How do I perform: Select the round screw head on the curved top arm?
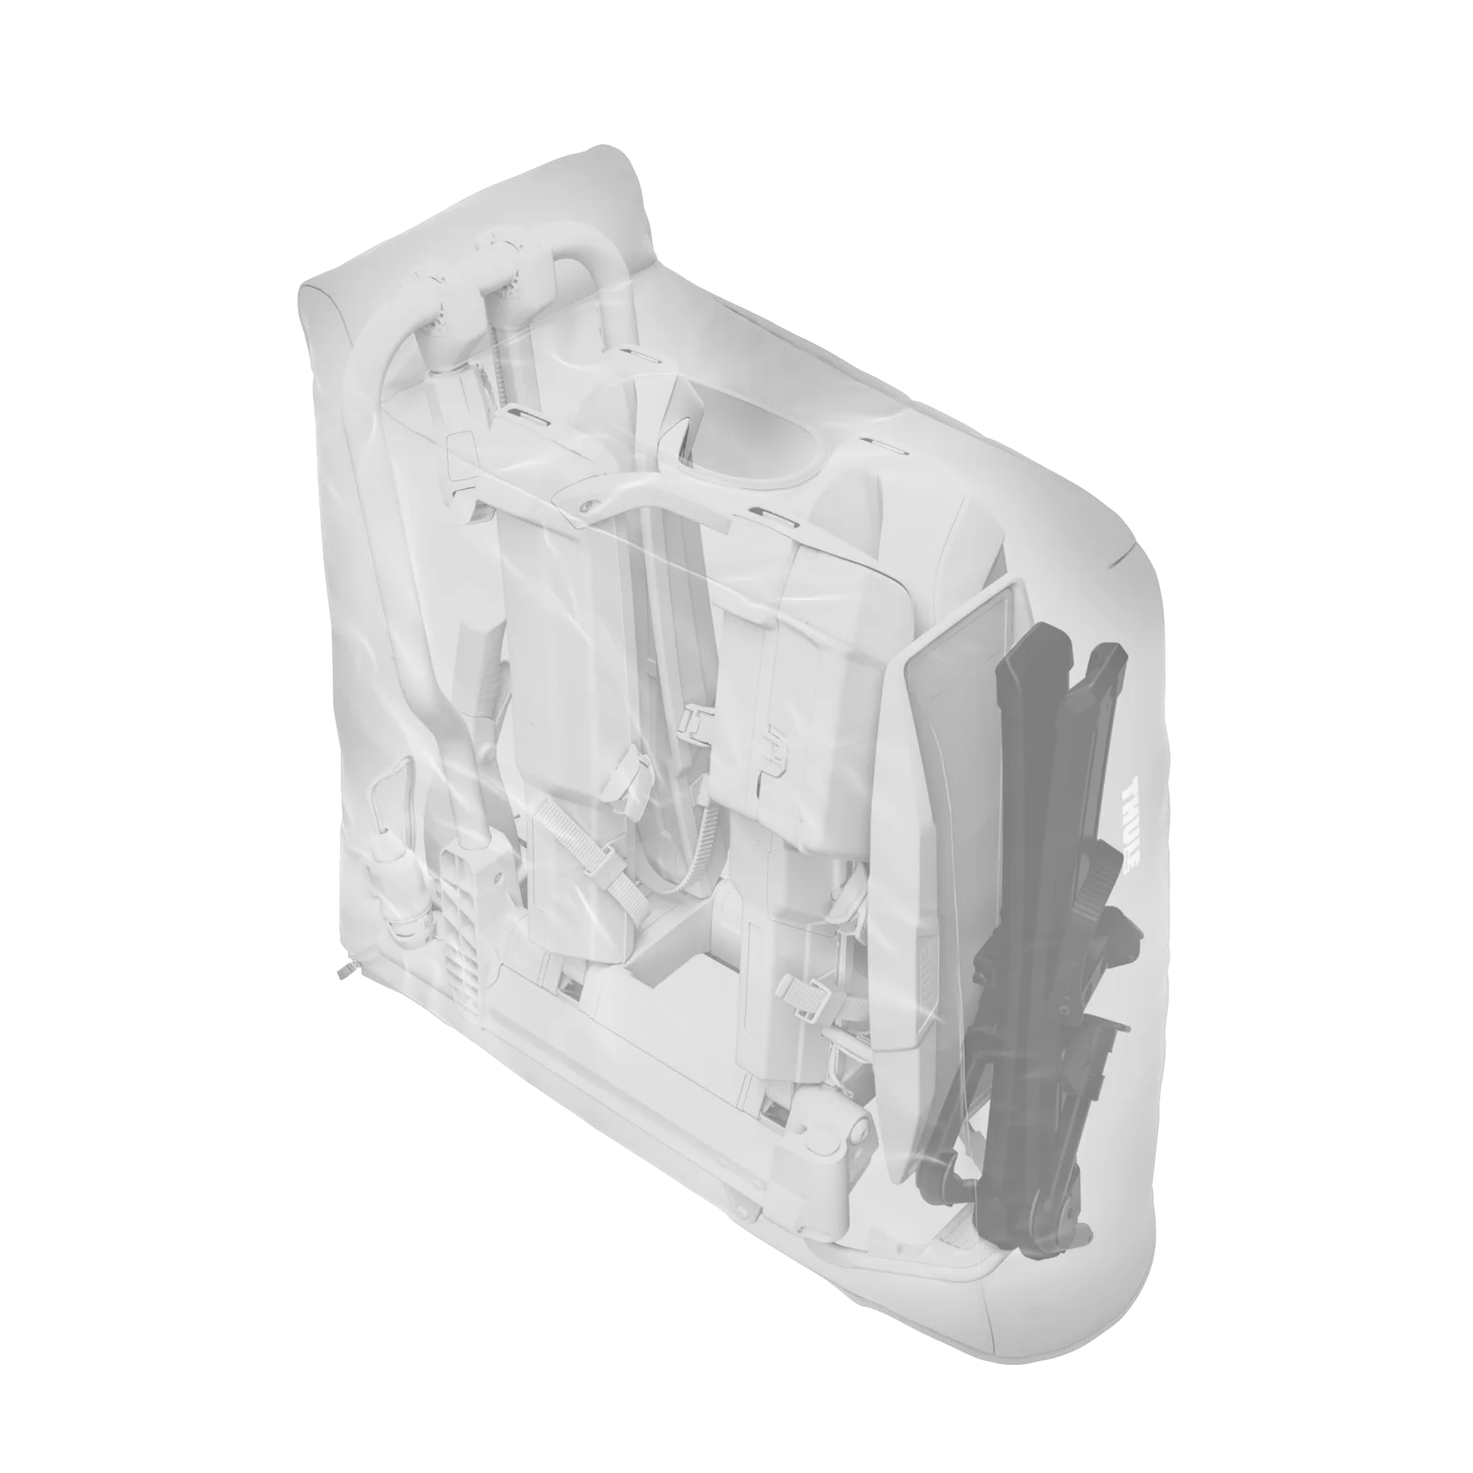point(585,506)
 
